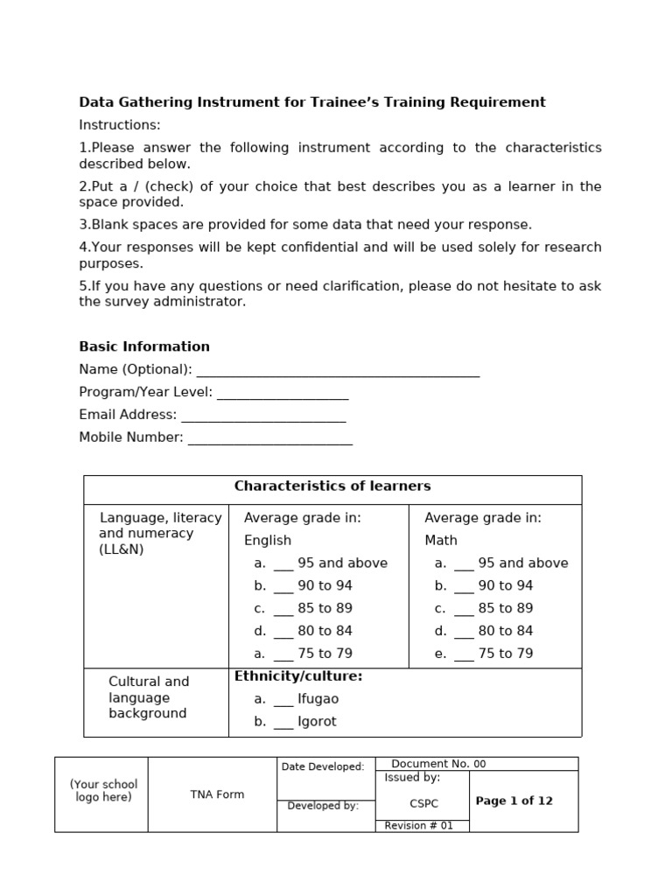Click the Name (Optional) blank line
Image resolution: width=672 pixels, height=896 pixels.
click(337, 374)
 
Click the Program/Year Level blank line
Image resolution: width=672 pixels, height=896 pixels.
click(283, 396)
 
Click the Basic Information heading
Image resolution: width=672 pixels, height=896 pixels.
click(144, 346)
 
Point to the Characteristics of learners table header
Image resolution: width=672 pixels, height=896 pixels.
click(332, 486)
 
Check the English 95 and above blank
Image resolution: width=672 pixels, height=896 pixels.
click(283, 567)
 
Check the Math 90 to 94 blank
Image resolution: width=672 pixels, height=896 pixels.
click(464, 590)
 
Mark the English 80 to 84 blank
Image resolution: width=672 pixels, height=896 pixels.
click(283, 635)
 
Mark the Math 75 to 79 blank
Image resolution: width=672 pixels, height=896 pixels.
click(464, 658)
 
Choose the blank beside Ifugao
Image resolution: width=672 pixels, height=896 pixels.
click(283, 703)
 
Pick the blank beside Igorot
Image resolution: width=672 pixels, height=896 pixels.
click(283, 726)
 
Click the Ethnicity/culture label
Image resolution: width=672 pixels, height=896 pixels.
click(298, 676)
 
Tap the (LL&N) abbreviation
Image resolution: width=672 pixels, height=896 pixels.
click(122, 549)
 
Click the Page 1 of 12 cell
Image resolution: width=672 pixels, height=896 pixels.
click(514, 801)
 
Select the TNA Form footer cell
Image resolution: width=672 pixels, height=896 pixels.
click(217, 794)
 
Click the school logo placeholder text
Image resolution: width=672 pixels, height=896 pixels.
click(103, 791)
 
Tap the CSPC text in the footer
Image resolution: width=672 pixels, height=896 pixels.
click(424, 803)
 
